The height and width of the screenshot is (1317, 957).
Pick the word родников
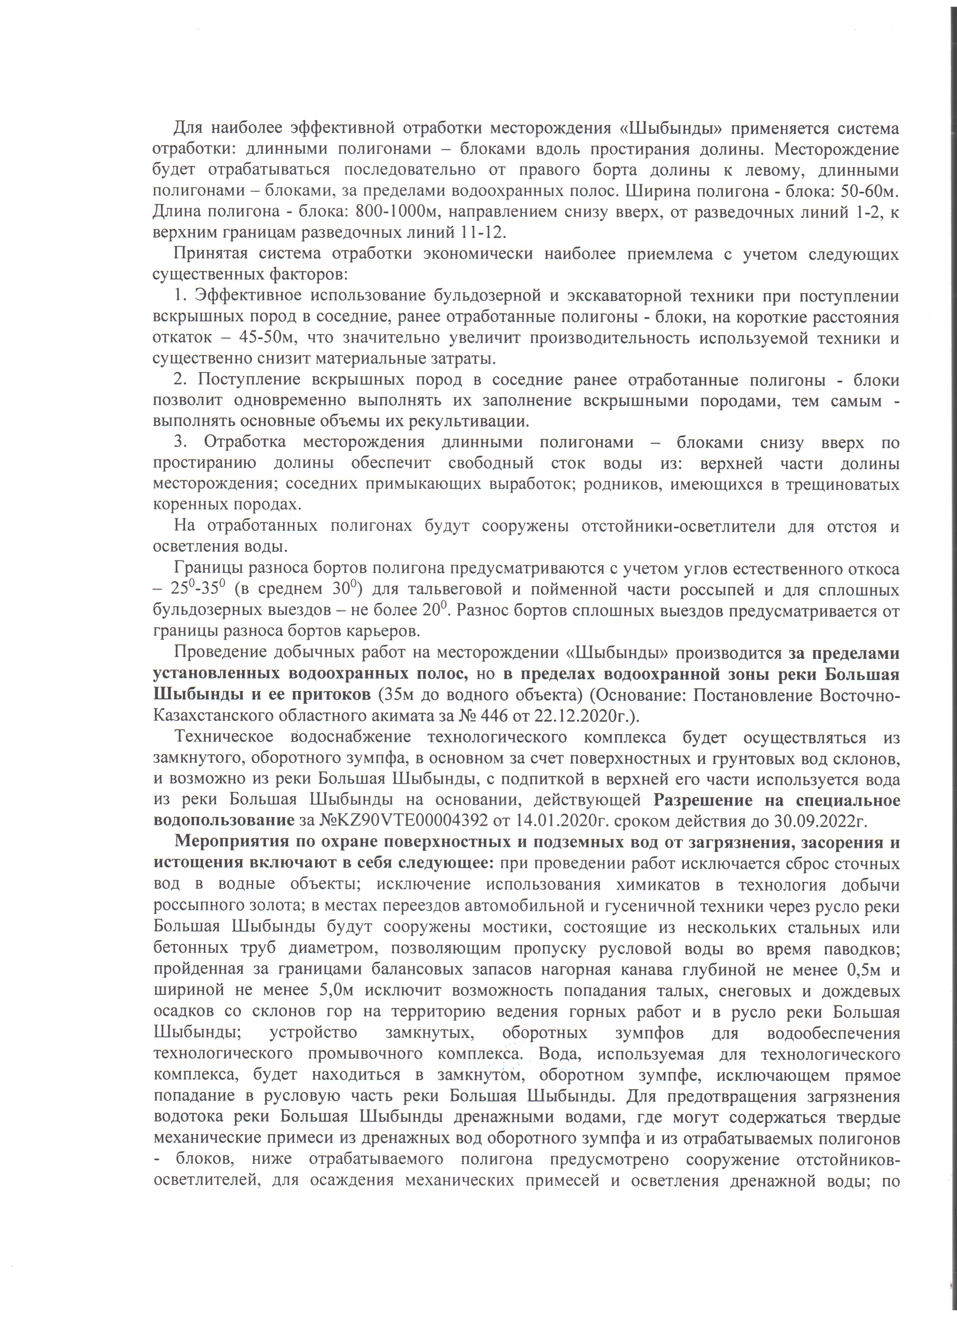click(x=622, y=484)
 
